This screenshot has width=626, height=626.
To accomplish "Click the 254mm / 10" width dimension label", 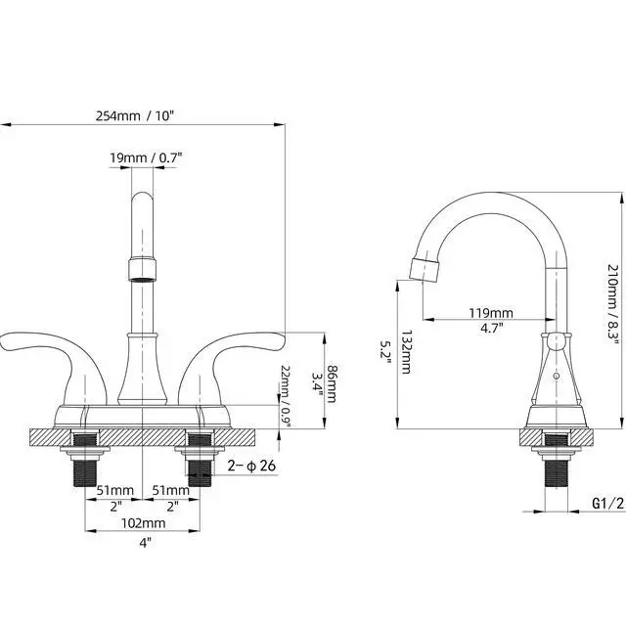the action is click(135, 116).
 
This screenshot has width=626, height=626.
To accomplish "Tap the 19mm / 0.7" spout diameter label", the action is click(146, 157).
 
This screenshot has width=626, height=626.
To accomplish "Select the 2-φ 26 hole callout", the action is click(251, 466).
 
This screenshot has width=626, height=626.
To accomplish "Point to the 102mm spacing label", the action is click(143, 523).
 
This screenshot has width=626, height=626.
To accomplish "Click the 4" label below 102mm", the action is click(146, 543).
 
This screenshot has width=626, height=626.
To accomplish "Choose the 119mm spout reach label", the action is click(491, 313).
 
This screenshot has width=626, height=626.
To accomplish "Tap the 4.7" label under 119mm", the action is click(491, 329).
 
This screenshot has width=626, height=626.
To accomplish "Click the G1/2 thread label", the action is click(607, 504).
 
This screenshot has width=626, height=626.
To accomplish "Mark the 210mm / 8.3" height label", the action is click(613, 304).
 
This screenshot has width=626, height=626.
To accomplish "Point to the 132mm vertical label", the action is click(406, 352).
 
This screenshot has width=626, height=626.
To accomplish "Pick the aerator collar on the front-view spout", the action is click(142, 270).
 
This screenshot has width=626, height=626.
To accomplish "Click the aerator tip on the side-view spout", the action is click(425, 270).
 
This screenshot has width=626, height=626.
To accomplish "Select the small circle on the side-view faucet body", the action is click(556, 376).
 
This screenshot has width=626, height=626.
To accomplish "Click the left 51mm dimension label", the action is click(115, 490).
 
